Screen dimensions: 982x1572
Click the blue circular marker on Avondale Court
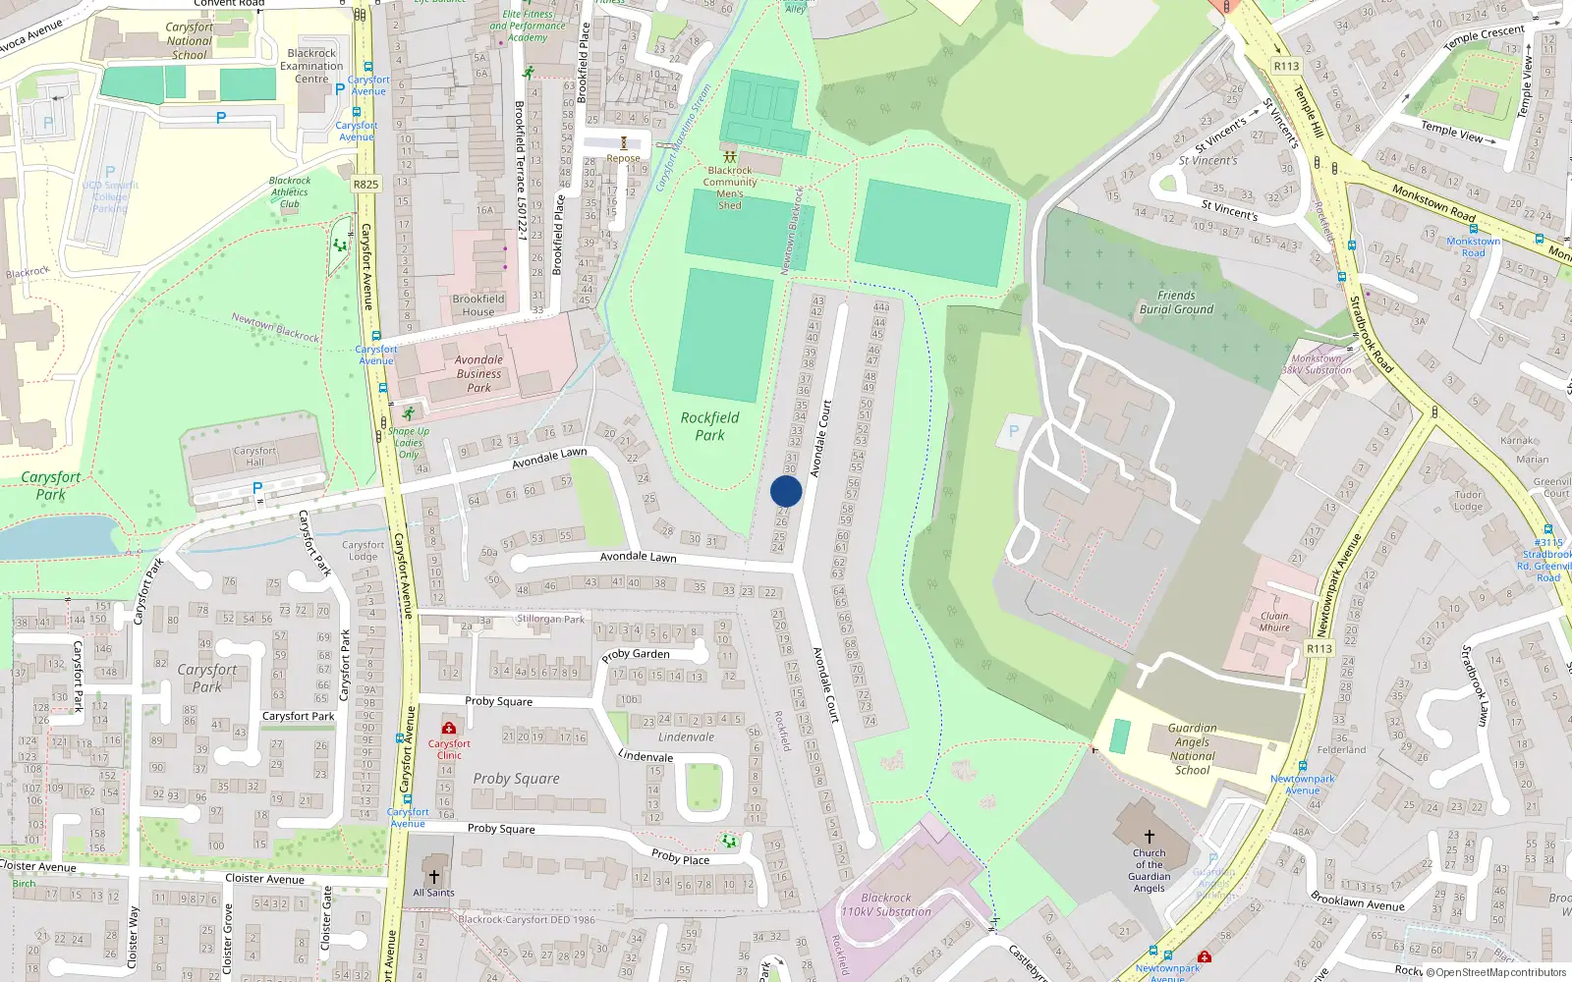click(786, 491)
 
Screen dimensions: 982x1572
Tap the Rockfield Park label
click(709, 426)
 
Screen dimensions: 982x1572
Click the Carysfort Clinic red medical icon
click(449, 728)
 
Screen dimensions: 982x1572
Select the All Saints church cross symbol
click(433, 876)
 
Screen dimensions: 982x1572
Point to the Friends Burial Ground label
click(1176, 302)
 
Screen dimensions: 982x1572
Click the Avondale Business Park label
click(478, 373)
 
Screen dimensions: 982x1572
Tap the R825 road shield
click(365, 184)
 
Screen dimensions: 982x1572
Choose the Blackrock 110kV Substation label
click(885, 904)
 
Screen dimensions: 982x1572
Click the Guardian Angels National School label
click(1192, 749)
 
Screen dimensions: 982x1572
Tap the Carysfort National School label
click(189, 41)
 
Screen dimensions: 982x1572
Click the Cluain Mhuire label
click(1274, 622)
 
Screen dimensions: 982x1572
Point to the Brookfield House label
click(478, 305)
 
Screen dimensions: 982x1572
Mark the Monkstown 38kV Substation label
click(1317, 364)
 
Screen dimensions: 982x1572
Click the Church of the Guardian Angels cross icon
click(1149, 837)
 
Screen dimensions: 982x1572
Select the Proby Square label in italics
click(516, 779)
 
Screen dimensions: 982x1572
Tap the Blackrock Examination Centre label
click(311, 66)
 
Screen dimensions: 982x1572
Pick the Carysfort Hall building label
click(254, 457)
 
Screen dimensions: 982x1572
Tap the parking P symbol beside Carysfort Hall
click(257, 488)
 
